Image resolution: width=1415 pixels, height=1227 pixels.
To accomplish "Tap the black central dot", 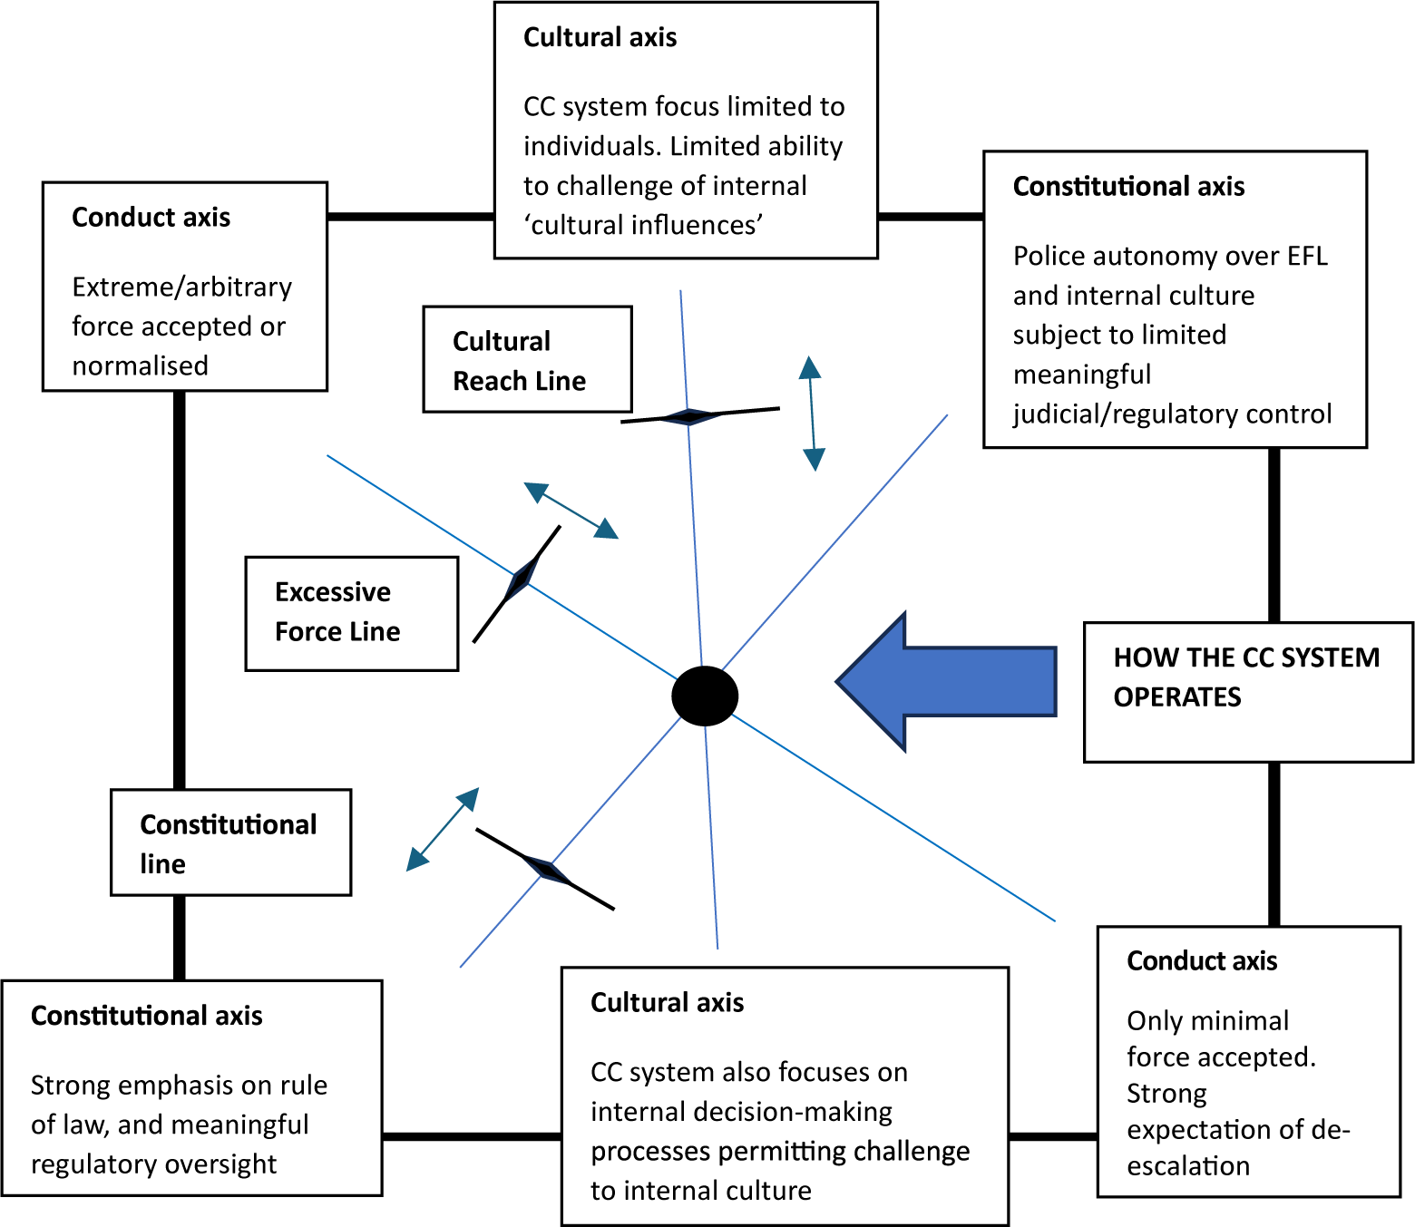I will point(705,696).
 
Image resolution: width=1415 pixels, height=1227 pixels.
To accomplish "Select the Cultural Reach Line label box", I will point(527,360).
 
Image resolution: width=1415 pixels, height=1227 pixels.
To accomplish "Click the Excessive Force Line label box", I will point(351,613).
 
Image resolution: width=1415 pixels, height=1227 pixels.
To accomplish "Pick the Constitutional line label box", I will point(230,842).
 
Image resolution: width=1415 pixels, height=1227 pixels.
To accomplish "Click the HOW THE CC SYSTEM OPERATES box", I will point(1247,691).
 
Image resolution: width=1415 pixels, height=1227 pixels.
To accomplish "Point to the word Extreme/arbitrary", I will point(181,287).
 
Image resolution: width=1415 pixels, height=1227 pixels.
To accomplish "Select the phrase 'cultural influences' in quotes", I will point(643,225).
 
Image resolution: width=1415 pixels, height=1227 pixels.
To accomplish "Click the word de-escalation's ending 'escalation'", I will point(1188,1166).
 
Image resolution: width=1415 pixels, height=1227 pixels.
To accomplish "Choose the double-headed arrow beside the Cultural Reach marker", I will point(812,413).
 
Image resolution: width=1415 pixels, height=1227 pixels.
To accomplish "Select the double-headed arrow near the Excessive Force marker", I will point(571,511).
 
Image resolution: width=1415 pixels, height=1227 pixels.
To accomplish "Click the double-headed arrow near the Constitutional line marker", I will point(443,829).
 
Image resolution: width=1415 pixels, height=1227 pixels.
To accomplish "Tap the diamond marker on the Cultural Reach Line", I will point(689,416).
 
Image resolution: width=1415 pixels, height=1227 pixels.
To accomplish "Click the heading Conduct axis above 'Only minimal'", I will point(1202,960).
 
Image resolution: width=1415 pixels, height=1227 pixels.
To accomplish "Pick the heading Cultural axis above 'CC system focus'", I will point(600,37).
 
